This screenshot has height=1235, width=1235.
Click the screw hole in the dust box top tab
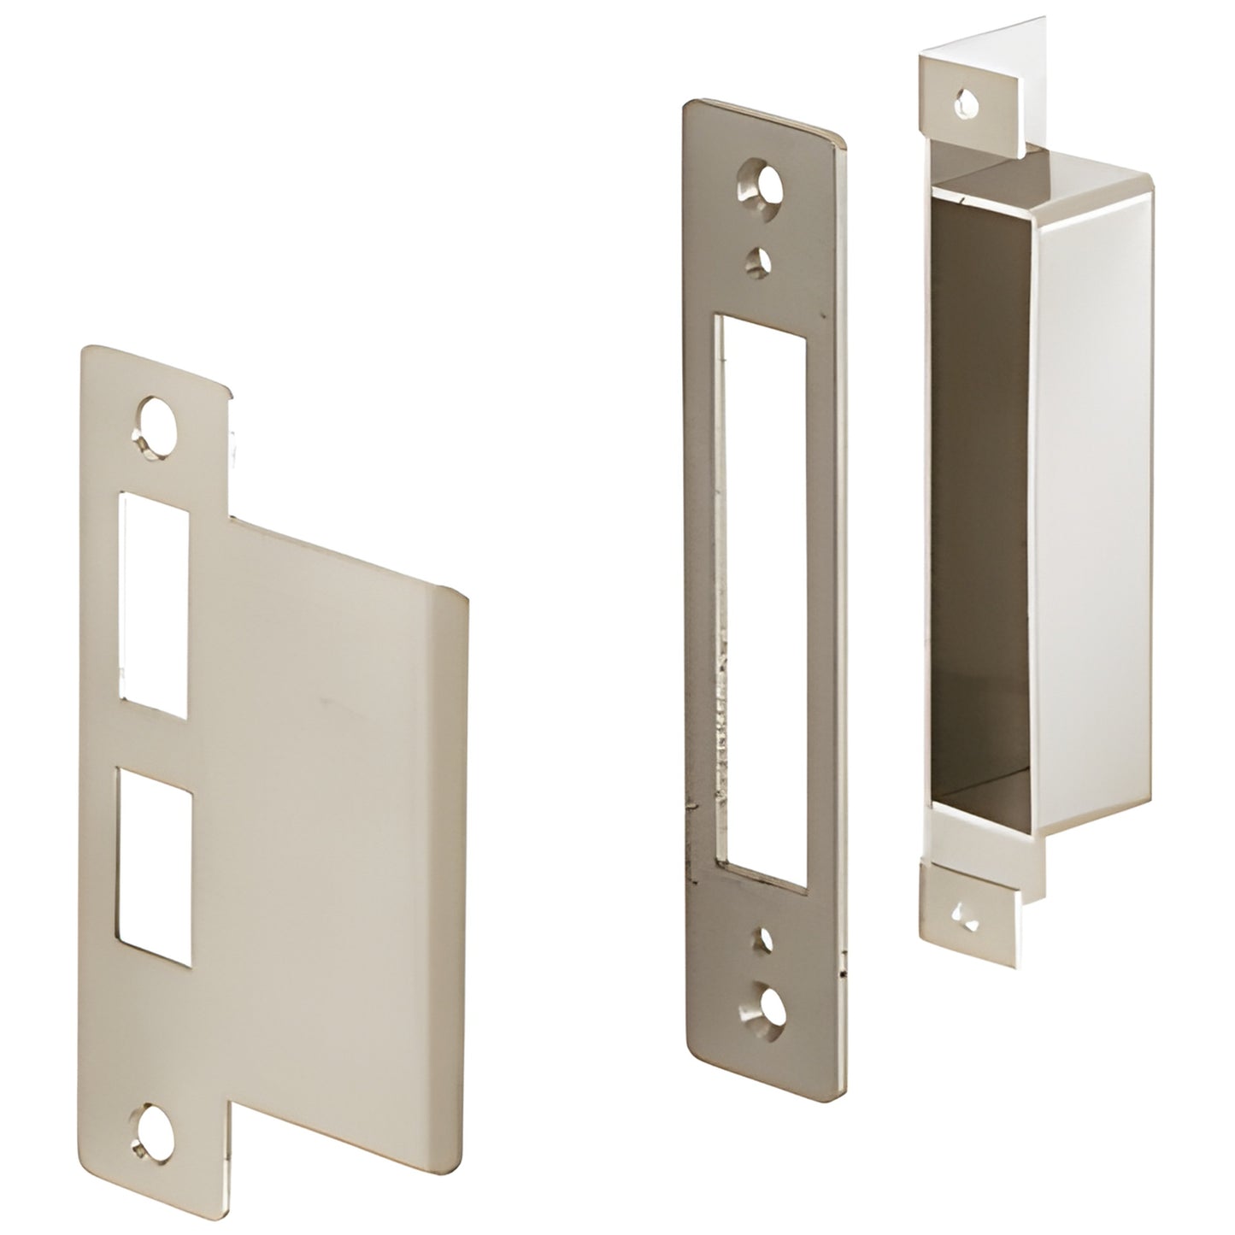(965, 103)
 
